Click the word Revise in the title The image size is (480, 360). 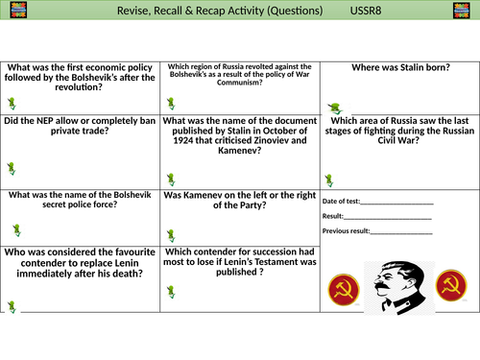[x=135, y=12]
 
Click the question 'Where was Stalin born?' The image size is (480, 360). [x=399, y=68]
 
